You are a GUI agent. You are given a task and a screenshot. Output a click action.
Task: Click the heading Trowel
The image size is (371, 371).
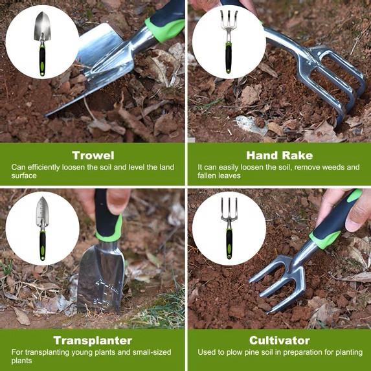93,155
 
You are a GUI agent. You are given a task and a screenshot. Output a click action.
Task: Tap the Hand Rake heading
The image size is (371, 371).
280,155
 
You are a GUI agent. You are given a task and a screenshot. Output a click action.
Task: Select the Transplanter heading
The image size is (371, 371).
93,341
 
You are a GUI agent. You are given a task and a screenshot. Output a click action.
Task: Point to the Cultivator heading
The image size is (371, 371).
280,341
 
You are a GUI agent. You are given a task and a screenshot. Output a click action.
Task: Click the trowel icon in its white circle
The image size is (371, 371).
42,44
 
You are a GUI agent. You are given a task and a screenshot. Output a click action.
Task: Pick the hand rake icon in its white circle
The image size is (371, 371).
229,42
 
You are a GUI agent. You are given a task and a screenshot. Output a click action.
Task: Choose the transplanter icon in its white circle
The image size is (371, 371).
42,229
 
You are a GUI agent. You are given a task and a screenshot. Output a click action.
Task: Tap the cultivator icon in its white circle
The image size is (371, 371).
229,229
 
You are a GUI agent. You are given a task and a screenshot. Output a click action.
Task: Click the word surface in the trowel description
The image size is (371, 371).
24,176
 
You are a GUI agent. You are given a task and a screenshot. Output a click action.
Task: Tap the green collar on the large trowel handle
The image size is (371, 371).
165,30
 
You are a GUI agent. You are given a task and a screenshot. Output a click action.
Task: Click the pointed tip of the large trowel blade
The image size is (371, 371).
45,116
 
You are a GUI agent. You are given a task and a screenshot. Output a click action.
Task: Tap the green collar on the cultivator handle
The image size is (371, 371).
325,240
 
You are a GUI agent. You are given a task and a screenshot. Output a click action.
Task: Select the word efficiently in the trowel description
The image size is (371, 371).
44,168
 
